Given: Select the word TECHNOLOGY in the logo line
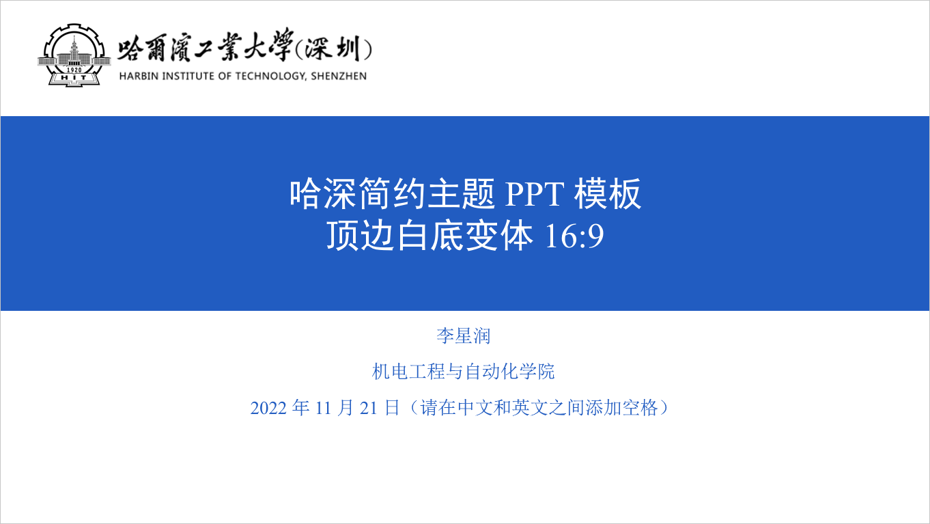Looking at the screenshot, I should [x=268, y=76].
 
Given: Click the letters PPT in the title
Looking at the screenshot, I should [x=535, y=195].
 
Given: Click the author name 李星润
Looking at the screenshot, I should [x=464, y=335].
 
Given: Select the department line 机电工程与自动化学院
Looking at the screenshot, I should [x=464, y=372].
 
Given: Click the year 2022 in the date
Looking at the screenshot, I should [x=268, y=409].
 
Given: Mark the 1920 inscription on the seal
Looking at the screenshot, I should [x=74, y=70].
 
